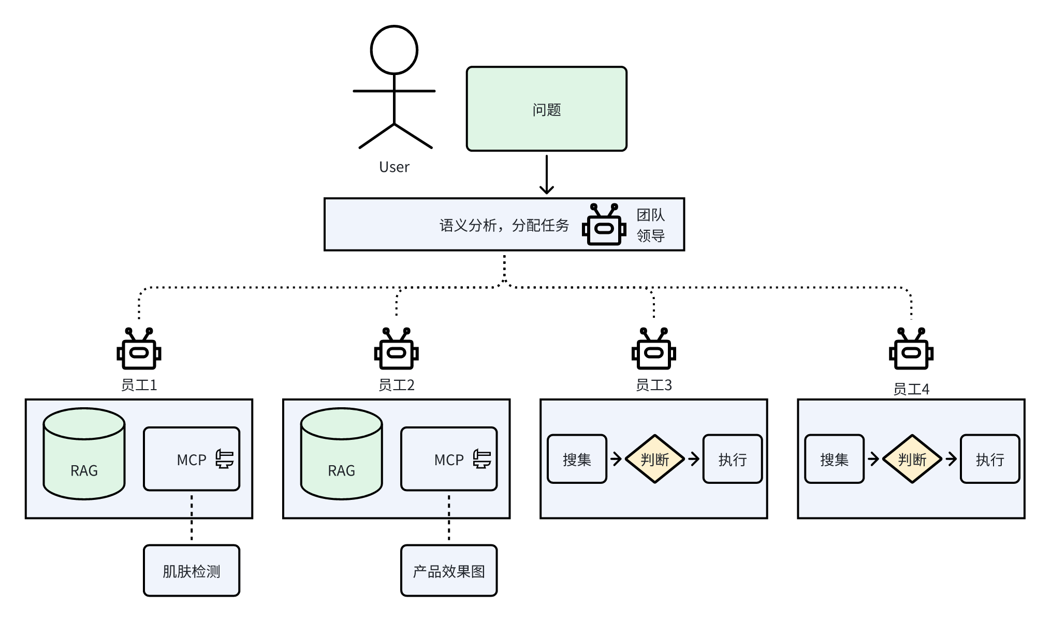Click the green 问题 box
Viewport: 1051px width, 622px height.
tap(546, 109)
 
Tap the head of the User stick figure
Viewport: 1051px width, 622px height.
tap(394, 50)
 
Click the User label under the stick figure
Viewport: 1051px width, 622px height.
tap(394, 167)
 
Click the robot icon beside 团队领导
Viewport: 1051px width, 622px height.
tap(604, 225)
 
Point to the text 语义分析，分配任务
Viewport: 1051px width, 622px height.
tap(504, 226)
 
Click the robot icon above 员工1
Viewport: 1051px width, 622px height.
tap(139, 349)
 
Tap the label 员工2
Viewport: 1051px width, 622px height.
tap(396, 385)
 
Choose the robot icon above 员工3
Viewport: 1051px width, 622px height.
tap(653, 349)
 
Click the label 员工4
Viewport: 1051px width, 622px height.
tap(911, 389)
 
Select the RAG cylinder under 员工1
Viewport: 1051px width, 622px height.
tap(84, 454)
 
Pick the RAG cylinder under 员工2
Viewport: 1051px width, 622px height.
tap(341, 454)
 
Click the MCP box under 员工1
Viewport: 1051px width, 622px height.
tap(192, 459)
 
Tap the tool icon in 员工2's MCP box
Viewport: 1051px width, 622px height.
tap(482, 459)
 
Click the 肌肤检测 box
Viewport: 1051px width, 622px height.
tap(192, 571)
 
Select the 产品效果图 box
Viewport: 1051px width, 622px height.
tap(449, 571)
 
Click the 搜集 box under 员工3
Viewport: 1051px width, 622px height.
tap(577, 459)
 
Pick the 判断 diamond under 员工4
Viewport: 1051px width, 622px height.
tap(912, 459)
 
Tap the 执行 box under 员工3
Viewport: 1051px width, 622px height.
tap(732, 459)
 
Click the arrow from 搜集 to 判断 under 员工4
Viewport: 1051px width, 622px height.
tap(873, 459)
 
